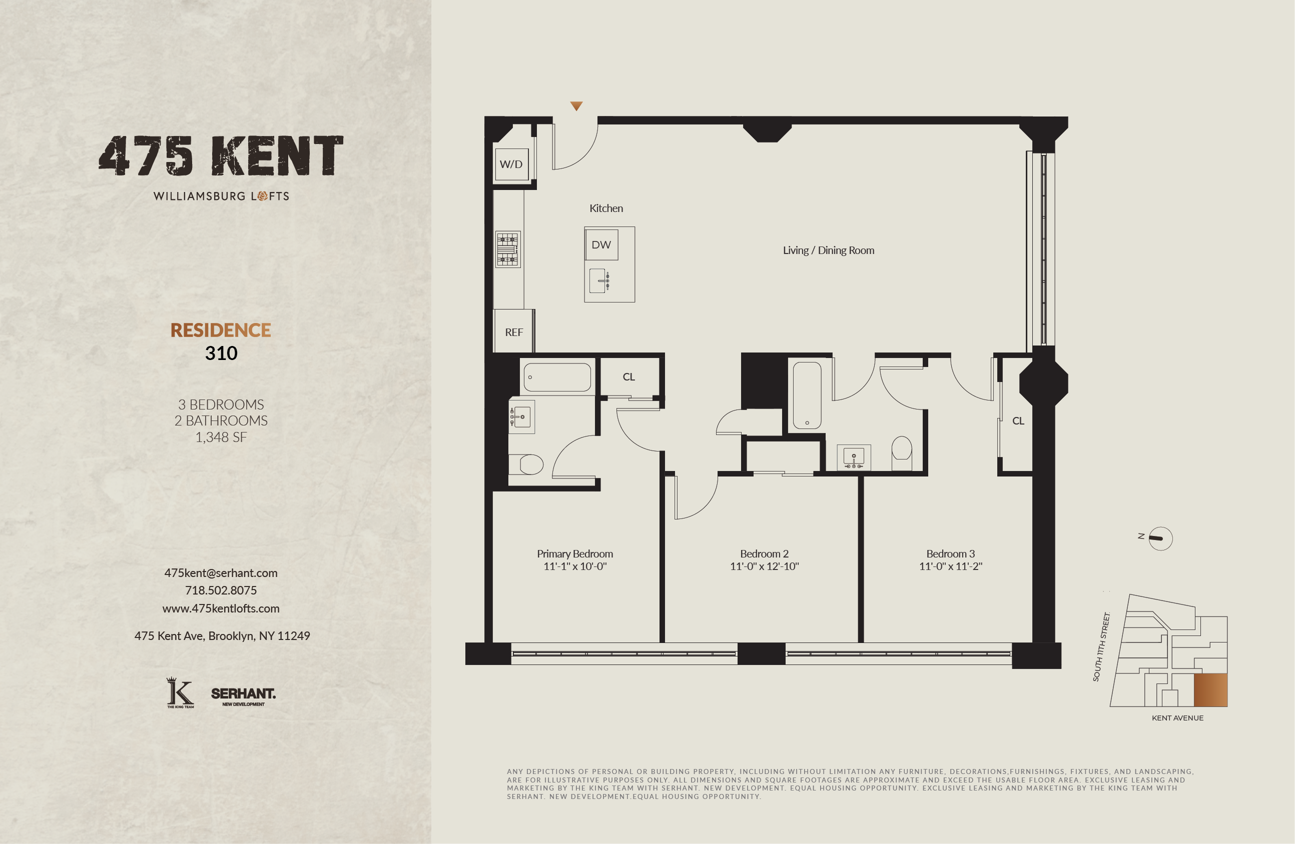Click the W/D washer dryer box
click(511, 164)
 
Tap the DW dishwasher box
click(601, 244)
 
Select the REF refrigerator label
click(514, 332)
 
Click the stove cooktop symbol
click(508, 249)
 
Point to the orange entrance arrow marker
click(576, 106)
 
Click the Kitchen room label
click(605, 208)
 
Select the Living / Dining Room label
click(828, 250)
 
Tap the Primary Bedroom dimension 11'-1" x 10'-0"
click(574, 566)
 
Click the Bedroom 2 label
click(764, 553)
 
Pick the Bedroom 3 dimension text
click(950, 566)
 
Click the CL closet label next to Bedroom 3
click(1018, 421)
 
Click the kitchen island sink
click(598, 280)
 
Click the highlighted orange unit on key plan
click(1210, 690)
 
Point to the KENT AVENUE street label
click(1177, 718)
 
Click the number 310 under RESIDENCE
click(221, 353)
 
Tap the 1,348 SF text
click(221, 437)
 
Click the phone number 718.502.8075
click(221, 590)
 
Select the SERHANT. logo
click(243, 695)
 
